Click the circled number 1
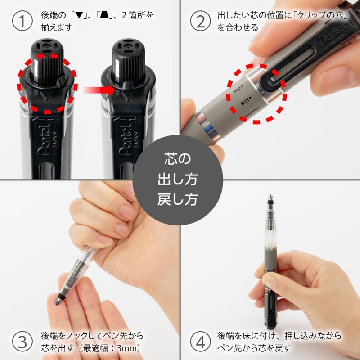[x=22, y=21]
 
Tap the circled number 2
[x=201, y=21]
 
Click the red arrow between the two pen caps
[x=97, y=90]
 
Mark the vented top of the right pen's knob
[x=127, y=46]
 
